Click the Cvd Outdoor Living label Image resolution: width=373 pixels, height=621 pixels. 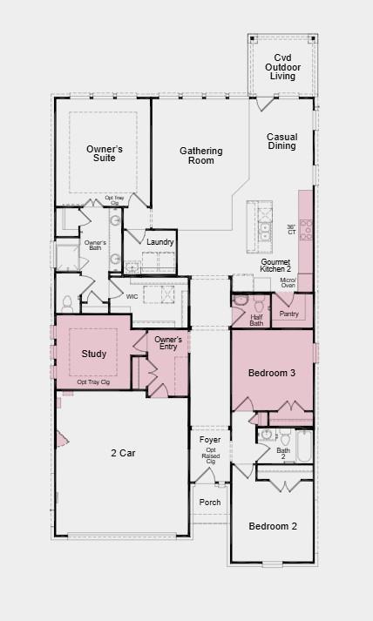coord(282,67)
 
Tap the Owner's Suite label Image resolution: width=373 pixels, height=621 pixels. coord(104,154)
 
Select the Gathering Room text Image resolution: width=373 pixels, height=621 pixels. coord(201,156)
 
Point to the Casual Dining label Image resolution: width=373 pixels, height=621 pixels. coord(282,141)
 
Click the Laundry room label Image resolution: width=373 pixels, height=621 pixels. coord(160,242)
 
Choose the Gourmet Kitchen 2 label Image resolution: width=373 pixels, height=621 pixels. coord(275,266)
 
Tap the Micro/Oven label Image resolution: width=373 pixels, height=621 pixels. coord(288,282)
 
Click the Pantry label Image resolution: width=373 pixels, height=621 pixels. coord(289,314)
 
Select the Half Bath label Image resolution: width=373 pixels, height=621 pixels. coord(257,321)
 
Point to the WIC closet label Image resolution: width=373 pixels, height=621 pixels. coord(132,297)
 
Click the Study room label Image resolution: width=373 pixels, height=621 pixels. coord(94,354)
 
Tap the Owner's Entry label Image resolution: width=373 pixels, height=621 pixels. coord(168,342)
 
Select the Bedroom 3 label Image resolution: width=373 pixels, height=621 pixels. coord(272,373)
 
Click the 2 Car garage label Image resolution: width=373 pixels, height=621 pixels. coord(123,452)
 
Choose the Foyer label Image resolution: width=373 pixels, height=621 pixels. coord(210,440)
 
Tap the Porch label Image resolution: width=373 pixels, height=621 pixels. coord(210,503)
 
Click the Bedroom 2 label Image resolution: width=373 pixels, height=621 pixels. coord(273,526)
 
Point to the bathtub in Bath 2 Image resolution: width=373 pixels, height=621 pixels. coord(302,445)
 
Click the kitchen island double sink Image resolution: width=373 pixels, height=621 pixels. coord(263,221)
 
